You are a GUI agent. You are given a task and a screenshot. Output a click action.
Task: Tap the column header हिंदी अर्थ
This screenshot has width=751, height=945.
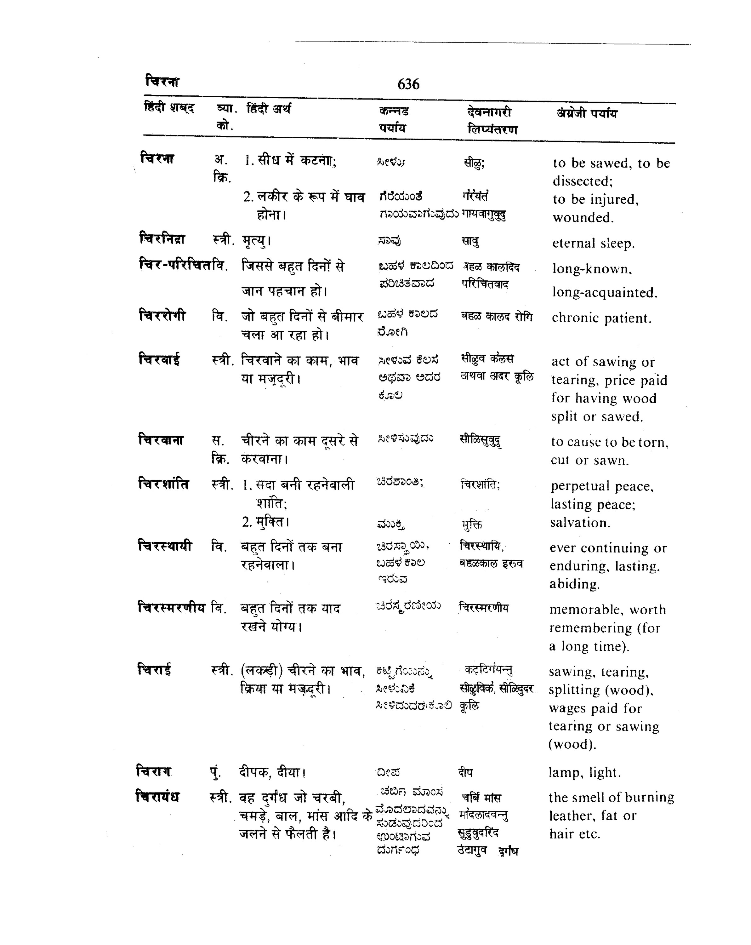269,108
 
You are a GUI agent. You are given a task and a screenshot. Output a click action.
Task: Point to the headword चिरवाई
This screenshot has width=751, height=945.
159,359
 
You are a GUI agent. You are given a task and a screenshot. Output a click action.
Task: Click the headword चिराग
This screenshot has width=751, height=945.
153,770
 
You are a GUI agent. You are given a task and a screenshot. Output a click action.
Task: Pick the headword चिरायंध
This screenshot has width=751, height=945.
158,796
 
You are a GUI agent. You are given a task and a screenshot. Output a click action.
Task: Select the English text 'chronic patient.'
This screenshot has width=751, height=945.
601,318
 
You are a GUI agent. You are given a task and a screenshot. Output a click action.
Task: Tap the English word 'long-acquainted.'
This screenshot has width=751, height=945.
605,292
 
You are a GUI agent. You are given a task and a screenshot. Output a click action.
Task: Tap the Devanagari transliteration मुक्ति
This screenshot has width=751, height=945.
472,524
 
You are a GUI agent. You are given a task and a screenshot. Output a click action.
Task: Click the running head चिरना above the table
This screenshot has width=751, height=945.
162,82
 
